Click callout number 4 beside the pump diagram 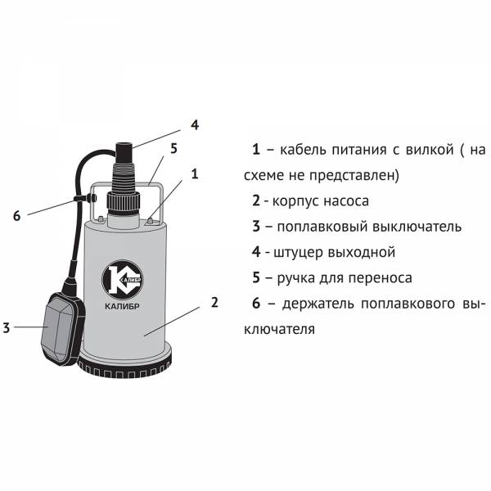click(195, 125)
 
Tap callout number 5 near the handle click(173, 148)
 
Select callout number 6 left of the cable click(16, 216)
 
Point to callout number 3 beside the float click(7, 327)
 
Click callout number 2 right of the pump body click(214, 303)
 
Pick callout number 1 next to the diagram click(195, 173)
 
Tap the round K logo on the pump click(123, 279)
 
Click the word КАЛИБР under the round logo click(122, 306)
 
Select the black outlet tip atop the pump click(124, 153)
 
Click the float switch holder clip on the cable click(86, 198)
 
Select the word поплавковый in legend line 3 click(322, 227)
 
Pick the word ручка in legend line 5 click(295, 278)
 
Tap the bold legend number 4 click(256, 252)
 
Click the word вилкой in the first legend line click(430, 150)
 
